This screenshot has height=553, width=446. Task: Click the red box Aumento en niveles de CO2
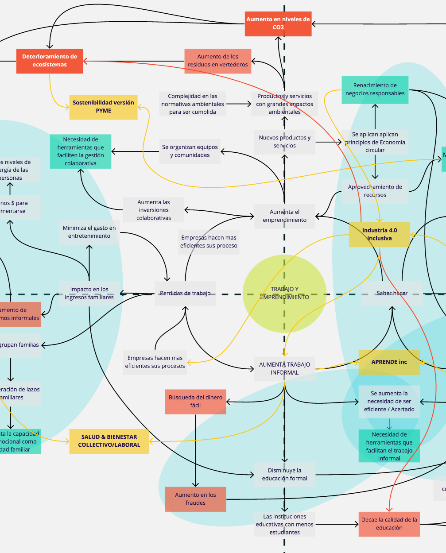pyautogui.click(x=278, y=24)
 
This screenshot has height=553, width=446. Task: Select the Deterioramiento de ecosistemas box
pyautogui.click(x=50, y=61)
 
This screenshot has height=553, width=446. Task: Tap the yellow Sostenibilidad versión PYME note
pyautogui.click(x=103, y=107)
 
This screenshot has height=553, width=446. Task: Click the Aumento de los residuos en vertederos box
pyautogui.click(x=218, y=61)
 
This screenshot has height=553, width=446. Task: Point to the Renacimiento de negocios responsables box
pyautogui.click(x=375, y=89)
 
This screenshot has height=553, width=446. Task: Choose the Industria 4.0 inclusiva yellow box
pyautogui.click(x=380, y=234)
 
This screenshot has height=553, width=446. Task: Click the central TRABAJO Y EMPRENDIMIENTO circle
pyautogui.click(x=284, y=293)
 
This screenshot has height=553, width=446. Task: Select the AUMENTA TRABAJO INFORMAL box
pyautogui.click(x=284, y=368)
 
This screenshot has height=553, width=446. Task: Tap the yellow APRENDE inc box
pyautogui.click(x=389, y=362)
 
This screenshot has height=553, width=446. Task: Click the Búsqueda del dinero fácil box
pyautogui.click(x=195, y=402)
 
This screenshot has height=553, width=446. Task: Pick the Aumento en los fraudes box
pyautogui.click(x=195, y=499)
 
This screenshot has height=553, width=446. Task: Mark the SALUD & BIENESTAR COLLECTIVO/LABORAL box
pyautogui.click(x=109, y=441)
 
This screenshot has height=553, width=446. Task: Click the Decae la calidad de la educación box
pyautogui.click(x=389, y=524)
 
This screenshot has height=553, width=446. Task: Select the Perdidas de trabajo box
pyautogui.click(x=185, y=293)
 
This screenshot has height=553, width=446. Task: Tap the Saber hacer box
pyautogui.click(x=392, y=293)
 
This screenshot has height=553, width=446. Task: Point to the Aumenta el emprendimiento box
pyautogui.click(x=284, y=216)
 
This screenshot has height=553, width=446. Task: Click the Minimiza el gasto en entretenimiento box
pyautogui.click(x=89, y=232)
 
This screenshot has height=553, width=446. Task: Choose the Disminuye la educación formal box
pyautogui.click(x=284, y=475)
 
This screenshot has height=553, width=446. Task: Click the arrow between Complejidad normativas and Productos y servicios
pyautogui.click(x=239, y=104)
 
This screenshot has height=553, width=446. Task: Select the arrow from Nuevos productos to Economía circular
pyautogui.click(x=329, y=142)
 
